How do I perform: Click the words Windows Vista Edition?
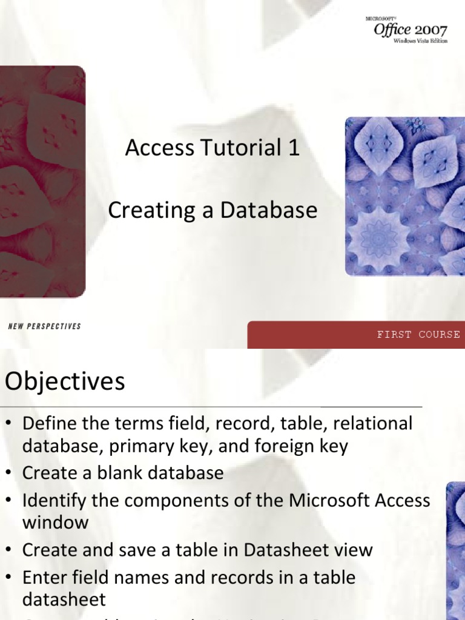(420, 41)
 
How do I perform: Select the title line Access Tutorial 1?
(213, 148)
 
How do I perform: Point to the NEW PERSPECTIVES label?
(45, 326)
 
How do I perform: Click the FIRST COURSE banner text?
(418, 334)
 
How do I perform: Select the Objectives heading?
(65, 381)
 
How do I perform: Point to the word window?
(56, 523)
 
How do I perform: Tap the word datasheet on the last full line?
(64, 599)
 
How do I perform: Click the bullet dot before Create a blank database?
(9, 473)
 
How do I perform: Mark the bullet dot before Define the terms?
(9, 424)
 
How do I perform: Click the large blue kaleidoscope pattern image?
(404, 196)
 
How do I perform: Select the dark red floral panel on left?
(42, 182)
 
